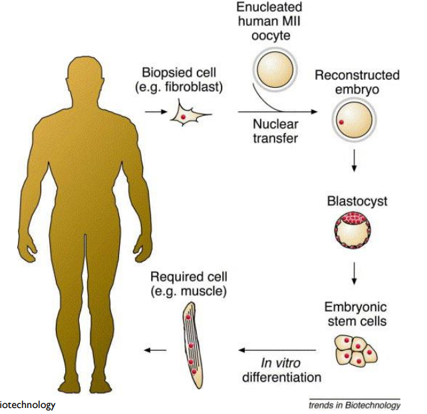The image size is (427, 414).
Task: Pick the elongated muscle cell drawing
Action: pyautogui.click(x=190, y=345)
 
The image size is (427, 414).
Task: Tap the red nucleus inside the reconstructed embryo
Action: pyautogui.click(x=342, y=123)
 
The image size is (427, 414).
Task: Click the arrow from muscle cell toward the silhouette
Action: pyautogui.click(x=157, y=349)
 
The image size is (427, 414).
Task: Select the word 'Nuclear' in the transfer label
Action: pyautogui.click(x=274, y=124)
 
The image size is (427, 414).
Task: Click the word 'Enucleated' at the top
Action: pyautogui.click(x=270, y=7)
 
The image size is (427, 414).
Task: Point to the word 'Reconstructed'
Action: pyautogui.click(x=357, y=75)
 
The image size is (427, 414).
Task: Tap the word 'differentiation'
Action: pyautogui.click(x=281, y=377)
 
